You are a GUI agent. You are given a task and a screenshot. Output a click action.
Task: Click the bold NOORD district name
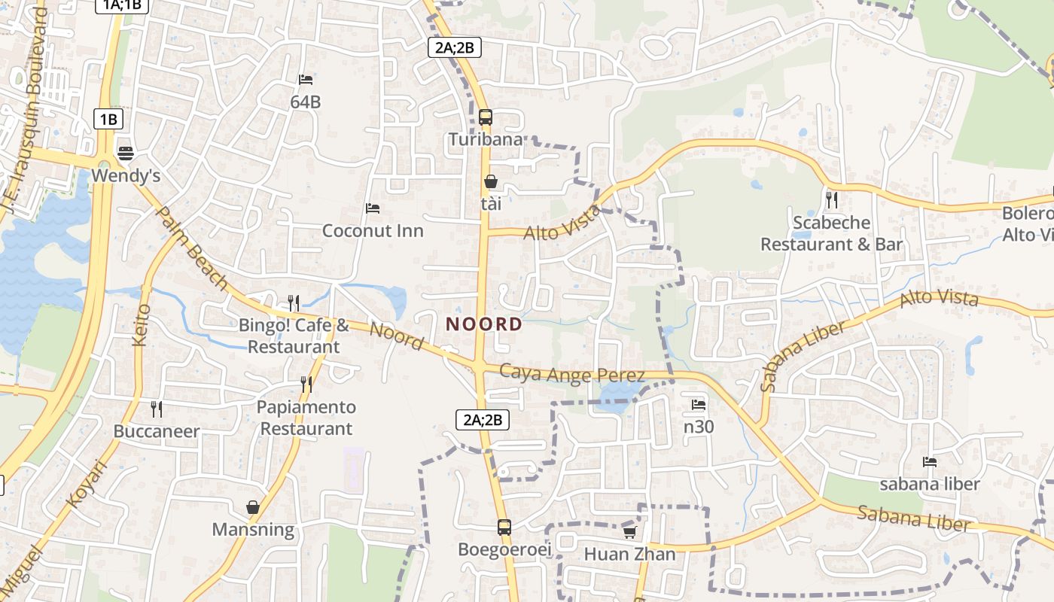tap(484, 324)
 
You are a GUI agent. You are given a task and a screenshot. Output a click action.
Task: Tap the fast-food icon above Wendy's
tap(126, 154)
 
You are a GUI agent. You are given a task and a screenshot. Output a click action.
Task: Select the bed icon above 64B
tap(306, 79)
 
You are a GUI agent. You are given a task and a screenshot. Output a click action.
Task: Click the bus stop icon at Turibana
tap(486, 117)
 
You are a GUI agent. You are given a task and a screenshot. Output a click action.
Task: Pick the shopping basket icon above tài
tap(490, 181)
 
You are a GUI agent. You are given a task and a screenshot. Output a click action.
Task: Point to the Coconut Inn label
tap(373, 230)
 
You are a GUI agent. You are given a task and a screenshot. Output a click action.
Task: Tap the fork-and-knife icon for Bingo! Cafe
tap(294, 303)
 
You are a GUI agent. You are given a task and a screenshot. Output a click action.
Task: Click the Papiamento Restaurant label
tap(306, 418)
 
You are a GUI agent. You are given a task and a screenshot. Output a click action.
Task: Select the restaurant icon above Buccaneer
tap(157, 409)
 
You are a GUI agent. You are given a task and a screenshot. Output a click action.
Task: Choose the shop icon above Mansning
tap(253, 507)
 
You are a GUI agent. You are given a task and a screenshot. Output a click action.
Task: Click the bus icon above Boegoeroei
tap(504, 528)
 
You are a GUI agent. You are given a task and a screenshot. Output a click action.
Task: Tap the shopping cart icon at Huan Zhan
tap(629, 533)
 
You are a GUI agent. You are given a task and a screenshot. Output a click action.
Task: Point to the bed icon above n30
tap(699, 405)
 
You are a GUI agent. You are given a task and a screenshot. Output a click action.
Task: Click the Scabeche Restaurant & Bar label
tap(831, 233)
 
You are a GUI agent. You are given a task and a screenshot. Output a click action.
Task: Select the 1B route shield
tap(108, 119)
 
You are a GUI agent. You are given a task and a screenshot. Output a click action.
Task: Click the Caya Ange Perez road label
tap(572, 373)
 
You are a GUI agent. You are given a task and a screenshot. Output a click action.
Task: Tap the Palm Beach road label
tap(191, 248)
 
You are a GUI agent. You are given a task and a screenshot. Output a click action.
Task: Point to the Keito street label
tap(141, 325)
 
